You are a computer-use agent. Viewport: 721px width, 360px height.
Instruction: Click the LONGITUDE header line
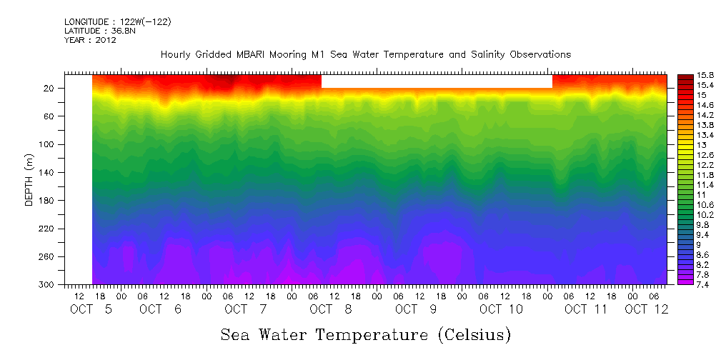pyautogui.click(x=117, y=22)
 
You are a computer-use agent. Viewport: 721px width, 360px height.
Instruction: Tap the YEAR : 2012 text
pyautogui.click(x=90, y=41)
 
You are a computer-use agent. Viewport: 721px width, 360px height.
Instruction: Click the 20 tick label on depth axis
pyautogui.click(x=49, y=89)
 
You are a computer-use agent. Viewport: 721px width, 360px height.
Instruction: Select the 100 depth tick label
pyautogui.click(x=47, y=144)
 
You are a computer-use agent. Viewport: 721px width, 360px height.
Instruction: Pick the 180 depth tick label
pyautogui.click(x=47, y=201)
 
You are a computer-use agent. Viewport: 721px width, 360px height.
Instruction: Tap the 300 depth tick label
pyautogui.click(x=47, y=285)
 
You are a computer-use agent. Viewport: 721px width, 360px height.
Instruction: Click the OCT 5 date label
pyautogui.click(x=90, y=309)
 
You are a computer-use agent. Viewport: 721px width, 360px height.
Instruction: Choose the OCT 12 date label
pyautogui.click(x=646, y=309)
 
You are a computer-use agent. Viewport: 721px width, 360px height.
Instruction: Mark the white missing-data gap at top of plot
pyautogui.click(x=437, y=81)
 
